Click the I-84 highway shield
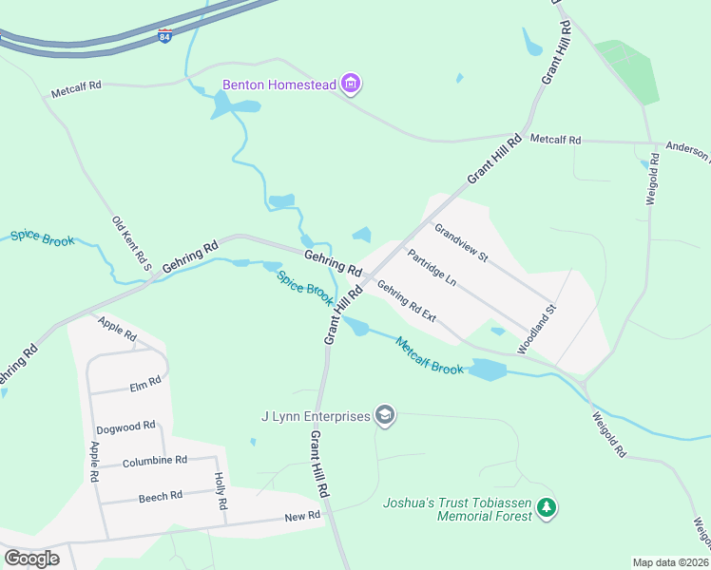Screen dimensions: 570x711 (165, 36)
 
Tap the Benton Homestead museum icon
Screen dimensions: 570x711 (352, 85)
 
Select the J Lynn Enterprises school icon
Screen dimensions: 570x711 (385, 415)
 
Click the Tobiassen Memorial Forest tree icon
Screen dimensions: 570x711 (546, 508)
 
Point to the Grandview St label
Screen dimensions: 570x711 (460, 243)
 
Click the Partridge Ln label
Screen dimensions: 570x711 (432, 269)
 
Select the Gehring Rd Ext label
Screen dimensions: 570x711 (406, 300)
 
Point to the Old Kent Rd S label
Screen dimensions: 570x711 (132, 242)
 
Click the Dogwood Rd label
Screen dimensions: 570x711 (125, 427)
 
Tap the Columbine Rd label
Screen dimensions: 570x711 (155, 461)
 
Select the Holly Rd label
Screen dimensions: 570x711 (221, 492)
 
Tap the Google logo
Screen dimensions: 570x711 (31, 559)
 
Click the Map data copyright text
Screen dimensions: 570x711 (670, 562)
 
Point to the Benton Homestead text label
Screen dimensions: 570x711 (279, 85)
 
